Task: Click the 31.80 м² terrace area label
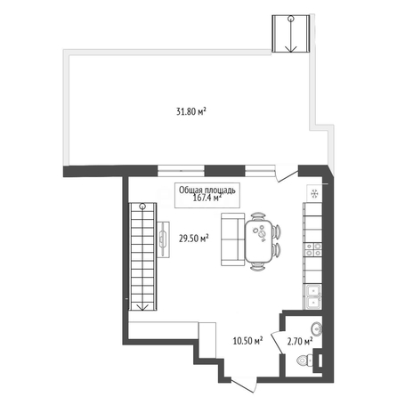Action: click(191, 111)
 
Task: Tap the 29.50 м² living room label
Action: click(193, 238)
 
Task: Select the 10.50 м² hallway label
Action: click(247, 341)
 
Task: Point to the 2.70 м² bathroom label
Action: click(300, 341)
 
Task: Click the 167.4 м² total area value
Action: click(207, 198)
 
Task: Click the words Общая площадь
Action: click(207, 190)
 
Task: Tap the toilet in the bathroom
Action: click(304, 361)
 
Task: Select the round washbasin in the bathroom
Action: click(316, 329)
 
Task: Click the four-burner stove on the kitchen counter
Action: click(313, 249)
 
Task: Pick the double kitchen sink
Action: click(313, 296)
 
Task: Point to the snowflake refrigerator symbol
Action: click(314, 194)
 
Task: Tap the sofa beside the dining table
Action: click(233, 239)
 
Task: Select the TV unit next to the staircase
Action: click(163, 239)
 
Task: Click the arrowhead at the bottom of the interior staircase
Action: click(142, 307)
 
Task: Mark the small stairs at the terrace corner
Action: click(291, 34)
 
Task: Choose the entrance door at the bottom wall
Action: click(244, 385)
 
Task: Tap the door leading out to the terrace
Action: click(287, 175)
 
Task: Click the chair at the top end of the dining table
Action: click(258, 216)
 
